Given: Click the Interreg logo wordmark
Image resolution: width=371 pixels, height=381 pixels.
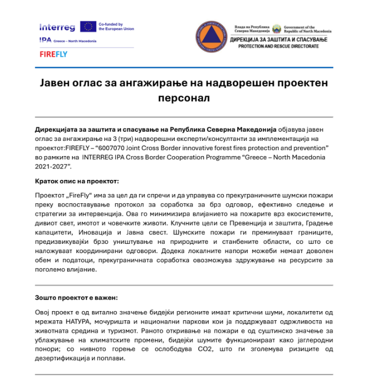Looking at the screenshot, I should tap(57, 27).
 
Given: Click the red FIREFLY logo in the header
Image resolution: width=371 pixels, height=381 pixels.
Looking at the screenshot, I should tap(53, 54).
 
